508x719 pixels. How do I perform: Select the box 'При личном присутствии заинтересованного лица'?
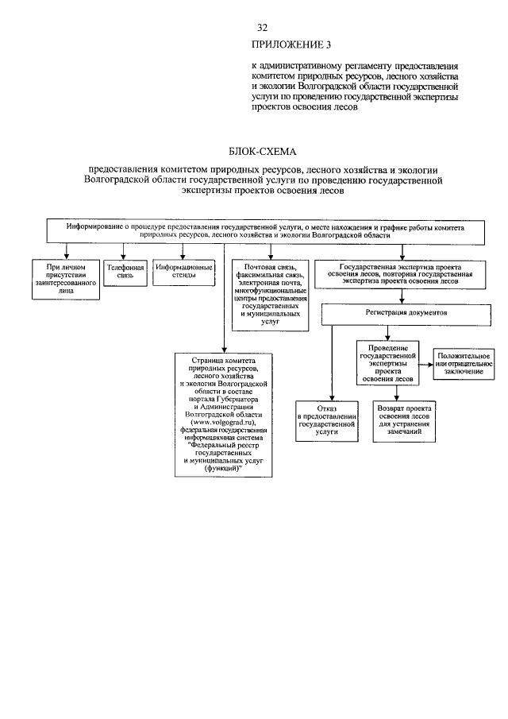click(x=66, y=279)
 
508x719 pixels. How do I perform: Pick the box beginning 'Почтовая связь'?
click(x=269, y=295)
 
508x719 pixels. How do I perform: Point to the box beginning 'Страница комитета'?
click(x=224, y=415)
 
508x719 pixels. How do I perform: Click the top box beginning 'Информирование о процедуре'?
click(x=265, y=230)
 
